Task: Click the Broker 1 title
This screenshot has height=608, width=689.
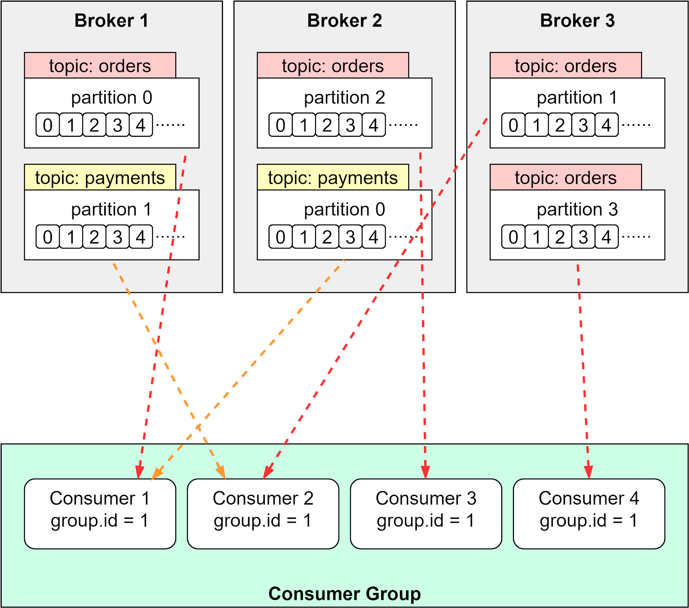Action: (111, 21)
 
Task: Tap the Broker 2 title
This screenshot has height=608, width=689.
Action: (344, 21)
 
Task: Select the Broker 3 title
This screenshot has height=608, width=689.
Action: (577, 21)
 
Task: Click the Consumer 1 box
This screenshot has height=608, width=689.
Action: (100, 514)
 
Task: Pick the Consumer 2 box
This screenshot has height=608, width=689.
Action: (263, 514)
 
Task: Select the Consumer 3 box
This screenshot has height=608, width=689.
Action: (426, 514)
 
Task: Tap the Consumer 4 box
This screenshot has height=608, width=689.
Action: (589, 514)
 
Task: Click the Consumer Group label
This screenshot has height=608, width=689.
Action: (344, 593)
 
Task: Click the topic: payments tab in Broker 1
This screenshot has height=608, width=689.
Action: (100, 178)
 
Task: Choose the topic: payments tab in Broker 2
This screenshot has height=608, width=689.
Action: (333, 178)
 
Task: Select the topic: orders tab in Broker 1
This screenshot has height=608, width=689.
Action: (100, 66)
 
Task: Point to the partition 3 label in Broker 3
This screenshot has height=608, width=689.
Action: (577, 209)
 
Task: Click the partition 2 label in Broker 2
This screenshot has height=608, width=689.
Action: (344, 98)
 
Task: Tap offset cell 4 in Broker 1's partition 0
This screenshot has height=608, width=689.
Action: (141, 125)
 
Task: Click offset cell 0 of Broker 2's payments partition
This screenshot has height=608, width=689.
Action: (280, 237)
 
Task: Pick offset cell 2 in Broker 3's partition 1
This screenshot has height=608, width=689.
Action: (560, 125)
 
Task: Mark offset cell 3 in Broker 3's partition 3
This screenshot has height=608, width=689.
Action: (583, 237)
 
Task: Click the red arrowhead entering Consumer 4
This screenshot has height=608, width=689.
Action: (589, 472)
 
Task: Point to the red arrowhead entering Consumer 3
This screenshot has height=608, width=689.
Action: (425, 472)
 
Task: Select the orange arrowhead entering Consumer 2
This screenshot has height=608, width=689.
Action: (221, 472)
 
